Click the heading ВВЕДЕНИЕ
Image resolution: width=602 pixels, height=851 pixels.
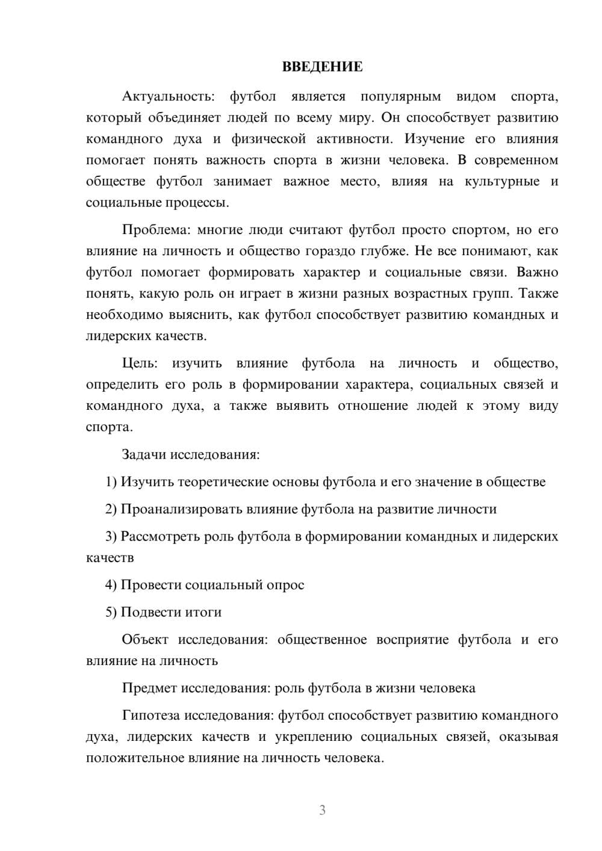click(x=322, y=67)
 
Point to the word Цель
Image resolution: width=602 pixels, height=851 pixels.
click(x=138, y=364)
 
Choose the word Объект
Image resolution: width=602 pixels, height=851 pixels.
click(x=145, y=640)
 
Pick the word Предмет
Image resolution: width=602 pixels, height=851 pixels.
click(x=150, y=688)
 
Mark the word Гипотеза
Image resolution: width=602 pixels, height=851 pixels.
click(x=151, y=716)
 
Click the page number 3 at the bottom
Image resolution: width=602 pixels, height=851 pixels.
click(x=322, y=811)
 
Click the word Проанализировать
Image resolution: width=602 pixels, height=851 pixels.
click(x=181, y=509)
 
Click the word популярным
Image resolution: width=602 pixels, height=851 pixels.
click(x=400, y=96)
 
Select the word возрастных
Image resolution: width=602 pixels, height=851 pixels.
click(x=430, y=294)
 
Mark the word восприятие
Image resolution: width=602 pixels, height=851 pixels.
click(x=412, y=640)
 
